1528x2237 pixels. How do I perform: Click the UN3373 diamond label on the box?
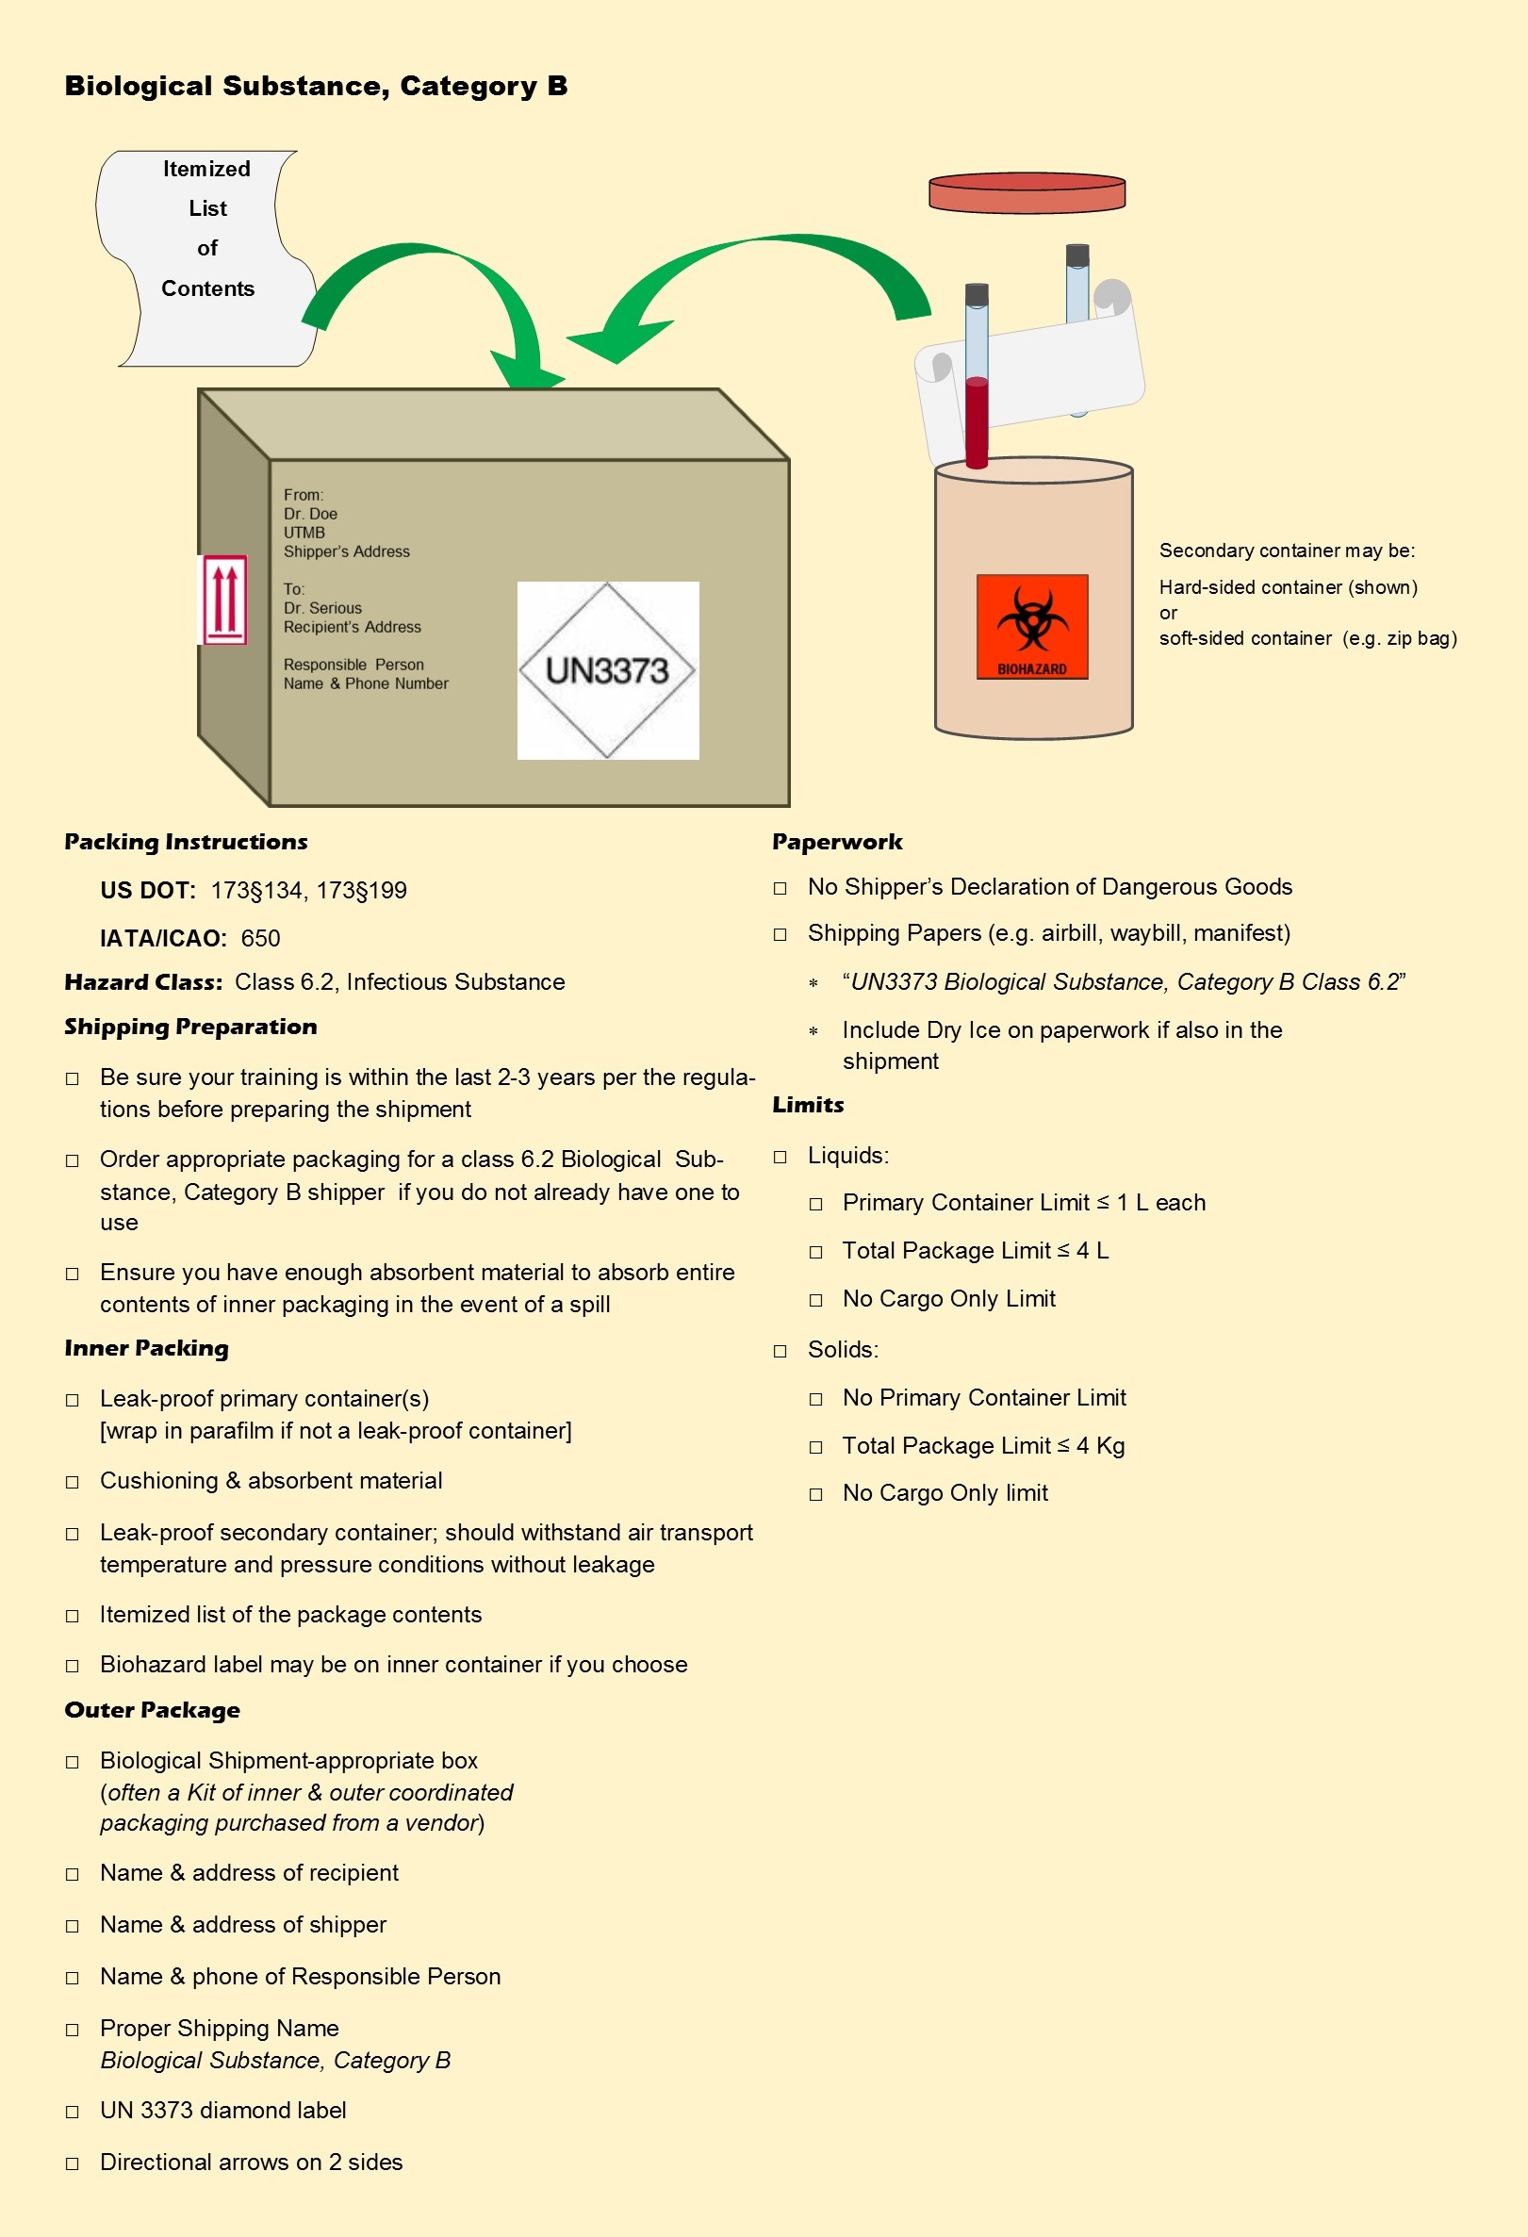[607, 670]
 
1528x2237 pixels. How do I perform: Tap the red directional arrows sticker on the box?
[224, 599]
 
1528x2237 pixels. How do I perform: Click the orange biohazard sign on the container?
[1031, 627]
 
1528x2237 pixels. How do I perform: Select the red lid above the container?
[1027, 191]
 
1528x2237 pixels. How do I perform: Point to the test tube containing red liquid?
[977, 385]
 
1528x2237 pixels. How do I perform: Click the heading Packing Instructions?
[186, 842]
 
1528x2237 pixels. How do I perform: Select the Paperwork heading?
[837, 842]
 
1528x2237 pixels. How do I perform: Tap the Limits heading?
[807, 1105]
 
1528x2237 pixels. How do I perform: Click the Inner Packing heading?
[146, 1349]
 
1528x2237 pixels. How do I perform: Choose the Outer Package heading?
[152, 1710]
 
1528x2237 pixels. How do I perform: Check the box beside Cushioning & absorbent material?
[73, 1482]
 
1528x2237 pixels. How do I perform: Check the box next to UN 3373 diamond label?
[73, 2112]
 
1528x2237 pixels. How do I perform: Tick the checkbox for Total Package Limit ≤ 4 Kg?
[816, 1447]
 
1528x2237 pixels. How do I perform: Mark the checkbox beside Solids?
[780, 1351]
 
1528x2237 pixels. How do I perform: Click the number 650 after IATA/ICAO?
[260, 939]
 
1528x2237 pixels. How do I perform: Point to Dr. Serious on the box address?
[322, 608]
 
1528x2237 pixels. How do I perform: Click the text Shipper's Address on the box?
[346, 551]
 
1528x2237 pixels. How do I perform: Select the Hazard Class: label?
[143, 983]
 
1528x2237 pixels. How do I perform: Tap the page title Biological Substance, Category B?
[316, 87]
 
